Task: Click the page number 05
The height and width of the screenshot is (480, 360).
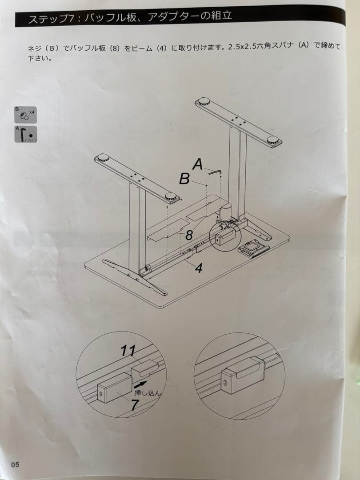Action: tap(15, 464)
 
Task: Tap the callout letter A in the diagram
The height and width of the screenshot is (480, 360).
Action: tap(198, 165)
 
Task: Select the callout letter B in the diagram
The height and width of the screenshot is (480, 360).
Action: tap(184, 179)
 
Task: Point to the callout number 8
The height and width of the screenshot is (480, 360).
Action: tap(189, 235)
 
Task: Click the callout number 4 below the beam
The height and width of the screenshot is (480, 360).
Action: tap(199, 268)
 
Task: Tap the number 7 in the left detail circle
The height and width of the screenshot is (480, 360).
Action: tap(135, 405)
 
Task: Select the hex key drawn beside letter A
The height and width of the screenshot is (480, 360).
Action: tap(216, 173)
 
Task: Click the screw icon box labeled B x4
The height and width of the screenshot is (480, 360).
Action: tap(25, 115)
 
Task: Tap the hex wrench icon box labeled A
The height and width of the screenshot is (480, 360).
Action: tap(26, 134)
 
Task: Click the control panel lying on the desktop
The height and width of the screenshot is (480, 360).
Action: tap(253, 249)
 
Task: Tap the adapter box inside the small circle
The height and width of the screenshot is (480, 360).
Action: tap(224, 236)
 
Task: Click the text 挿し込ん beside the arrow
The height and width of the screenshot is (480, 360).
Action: tap(148, 393)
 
